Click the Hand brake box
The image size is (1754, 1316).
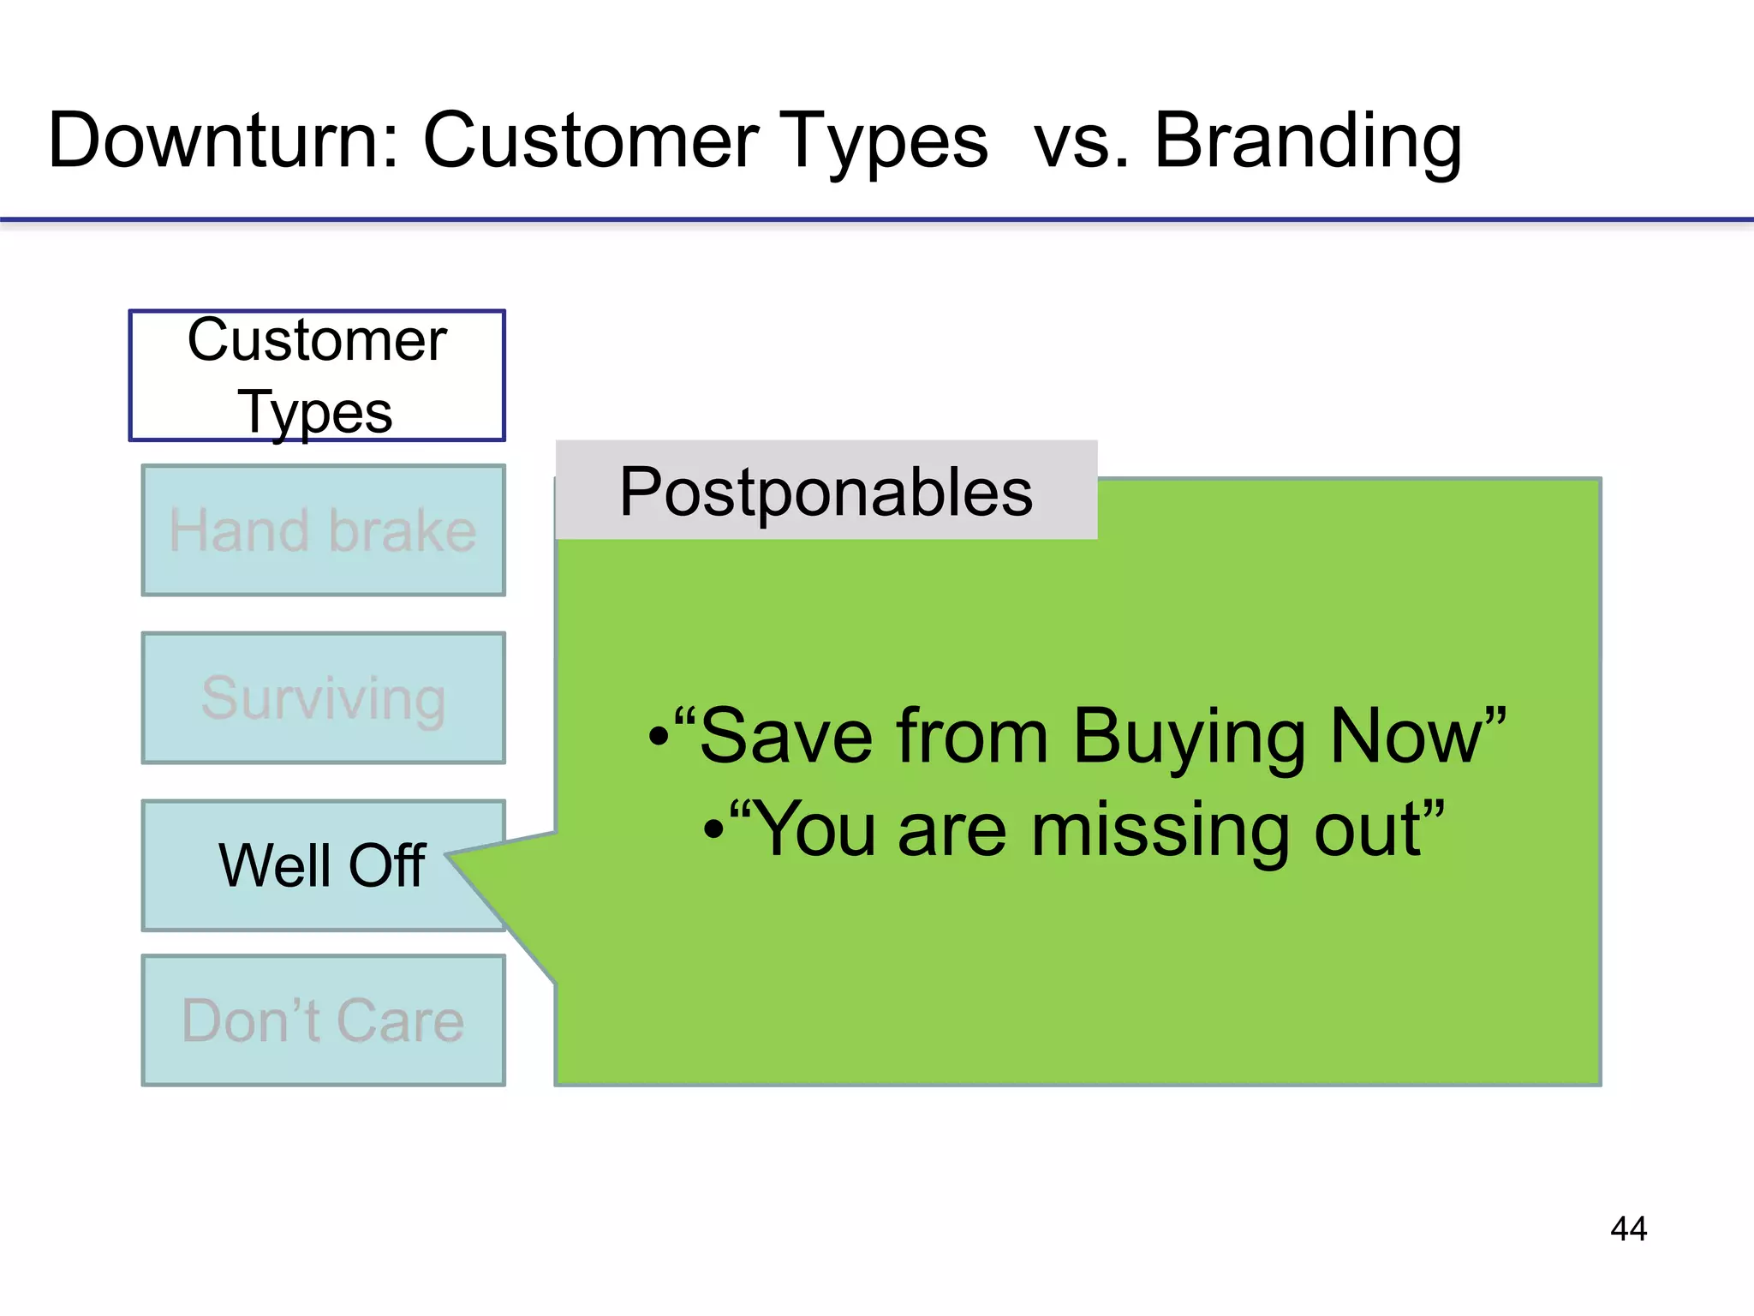click(323, 530)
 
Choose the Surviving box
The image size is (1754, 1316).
click(323, 698)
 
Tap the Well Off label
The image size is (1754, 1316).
click(321, 865)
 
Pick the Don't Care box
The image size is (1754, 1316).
click(323, 1020)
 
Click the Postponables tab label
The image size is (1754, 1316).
click(826, 492)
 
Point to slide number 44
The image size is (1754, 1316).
click(1628, 1229)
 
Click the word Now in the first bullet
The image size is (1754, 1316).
click(1406, 737)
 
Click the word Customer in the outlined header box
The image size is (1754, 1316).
click(317, 340)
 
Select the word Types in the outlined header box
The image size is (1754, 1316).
click(315, 413)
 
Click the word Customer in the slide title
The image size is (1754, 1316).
click(591, 141)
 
